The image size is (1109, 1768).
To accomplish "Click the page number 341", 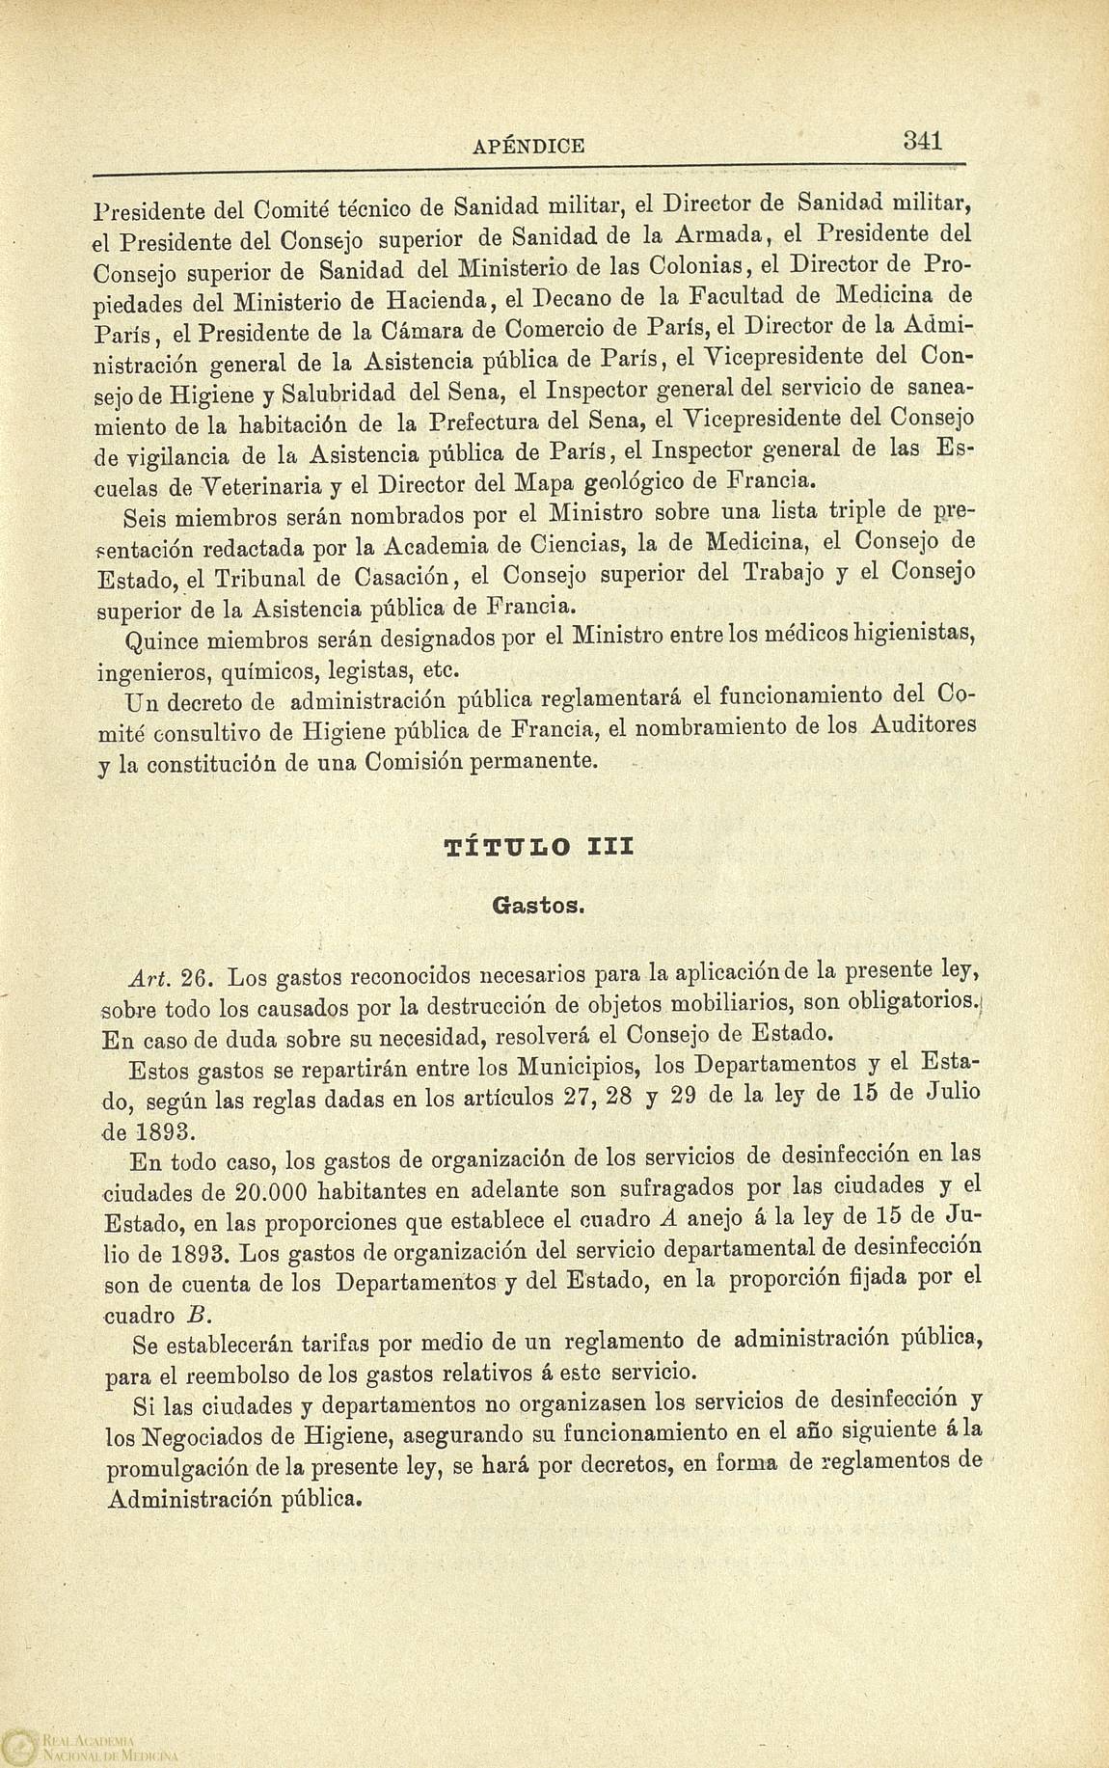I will [922, 140].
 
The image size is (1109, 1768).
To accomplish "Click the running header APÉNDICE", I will [528, 147].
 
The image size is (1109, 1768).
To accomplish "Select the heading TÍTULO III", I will [538, 848].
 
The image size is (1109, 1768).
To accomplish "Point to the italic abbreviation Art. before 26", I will [148, 977].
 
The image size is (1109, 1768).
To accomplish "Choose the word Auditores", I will [925, 725].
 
